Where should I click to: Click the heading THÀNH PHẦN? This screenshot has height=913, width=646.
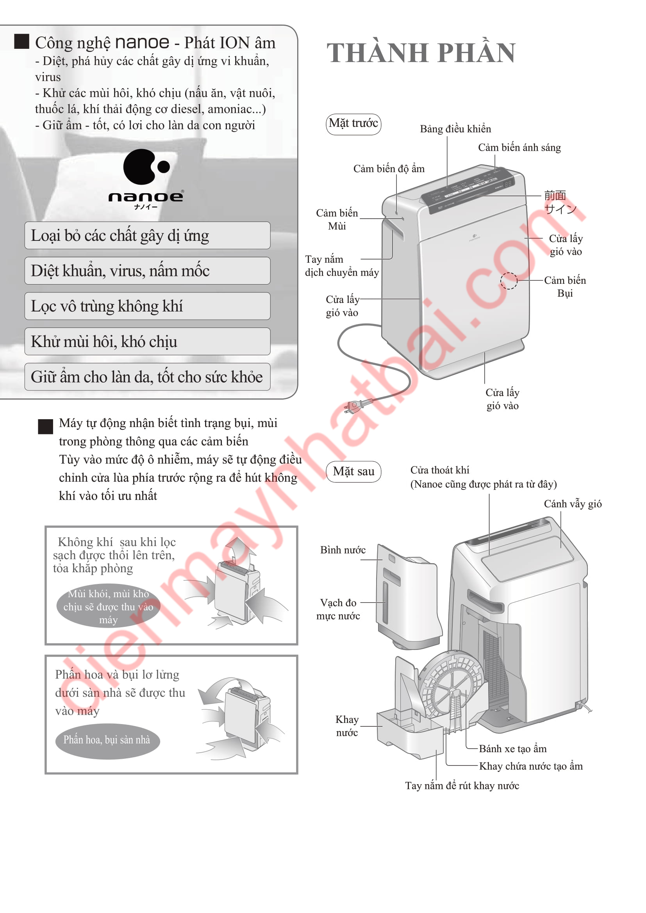click(421, 53)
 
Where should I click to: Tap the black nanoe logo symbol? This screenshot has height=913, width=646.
click(146, 167)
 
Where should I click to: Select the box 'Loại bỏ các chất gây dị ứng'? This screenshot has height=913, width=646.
click(147, 235)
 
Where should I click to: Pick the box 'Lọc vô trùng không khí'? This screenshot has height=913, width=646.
click(147, 306)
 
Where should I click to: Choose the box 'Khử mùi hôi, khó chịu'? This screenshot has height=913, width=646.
click(147, 342)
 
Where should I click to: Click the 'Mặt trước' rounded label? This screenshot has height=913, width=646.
click(353, 124)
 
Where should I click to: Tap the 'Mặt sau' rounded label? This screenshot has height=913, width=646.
click(353, 472)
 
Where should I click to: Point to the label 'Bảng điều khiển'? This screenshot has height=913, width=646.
click(455, 129)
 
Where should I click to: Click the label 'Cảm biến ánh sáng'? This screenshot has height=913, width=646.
click(519, 148)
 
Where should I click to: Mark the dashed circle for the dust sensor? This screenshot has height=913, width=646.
click(509, 281)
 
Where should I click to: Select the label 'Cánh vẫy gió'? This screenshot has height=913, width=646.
click(573, 504)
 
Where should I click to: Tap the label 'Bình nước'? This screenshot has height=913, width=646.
click(343, 550)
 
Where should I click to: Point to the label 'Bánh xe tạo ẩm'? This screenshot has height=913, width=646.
click(512, 749)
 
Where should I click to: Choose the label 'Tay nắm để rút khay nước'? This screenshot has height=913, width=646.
click(462, 786)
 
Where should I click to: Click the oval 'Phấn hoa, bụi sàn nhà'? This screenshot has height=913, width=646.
click(107, 740)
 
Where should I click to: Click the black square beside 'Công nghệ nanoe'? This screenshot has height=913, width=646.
click(22, 41)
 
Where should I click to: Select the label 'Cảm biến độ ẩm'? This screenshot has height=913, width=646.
click(389, 169)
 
